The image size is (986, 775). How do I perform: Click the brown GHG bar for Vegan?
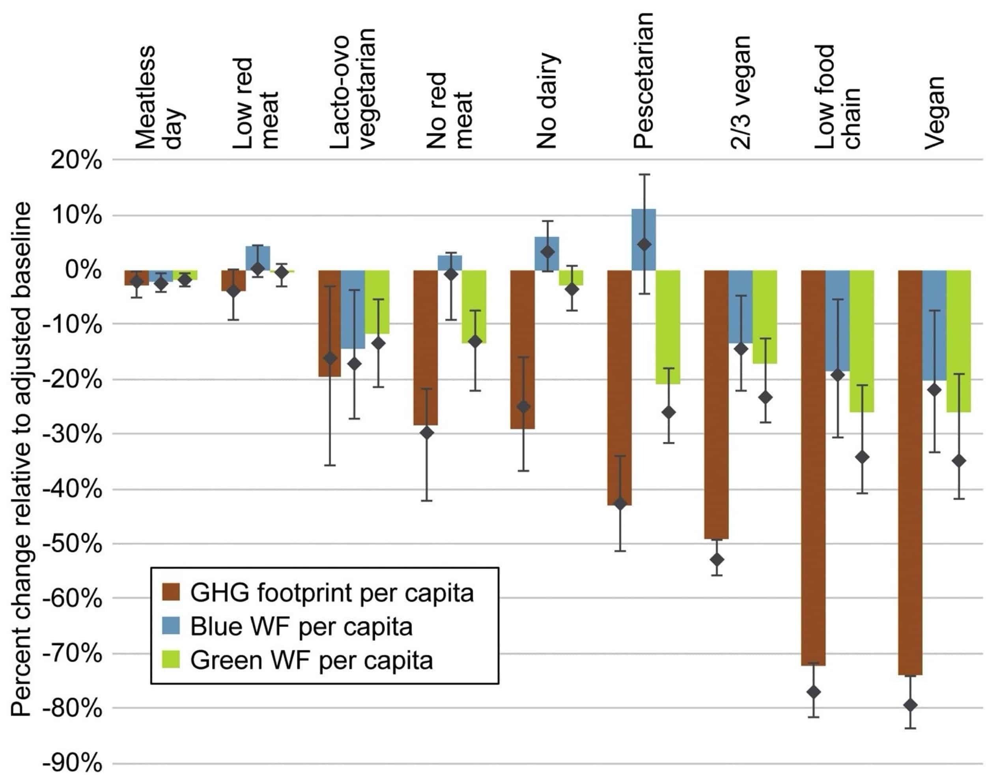[910, 472]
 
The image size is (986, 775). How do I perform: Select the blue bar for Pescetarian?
[643, 239]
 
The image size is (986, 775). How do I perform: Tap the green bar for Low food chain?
[861, 341]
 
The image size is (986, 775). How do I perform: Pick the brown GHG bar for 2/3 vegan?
[716, 404]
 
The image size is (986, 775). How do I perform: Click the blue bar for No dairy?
[547, 254]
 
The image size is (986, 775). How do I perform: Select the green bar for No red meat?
[474, 306]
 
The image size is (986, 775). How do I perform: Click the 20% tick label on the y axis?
[76, 161]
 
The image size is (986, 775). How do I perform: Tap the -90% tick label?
[72, 763]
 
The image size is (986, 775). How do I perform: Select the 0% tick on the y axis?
[84, 270]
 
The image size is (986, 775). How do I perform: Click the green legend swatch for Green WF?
[171, 659]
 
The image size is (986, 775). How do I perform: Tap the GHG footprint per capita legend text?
[332, 593]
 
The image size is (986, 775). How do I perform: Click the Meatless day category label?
[159, 97]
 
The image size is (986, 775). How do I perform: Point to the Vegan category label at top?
[935, 114]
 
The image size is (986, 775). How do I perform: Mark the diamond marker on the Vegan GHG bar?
[910, 705]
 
